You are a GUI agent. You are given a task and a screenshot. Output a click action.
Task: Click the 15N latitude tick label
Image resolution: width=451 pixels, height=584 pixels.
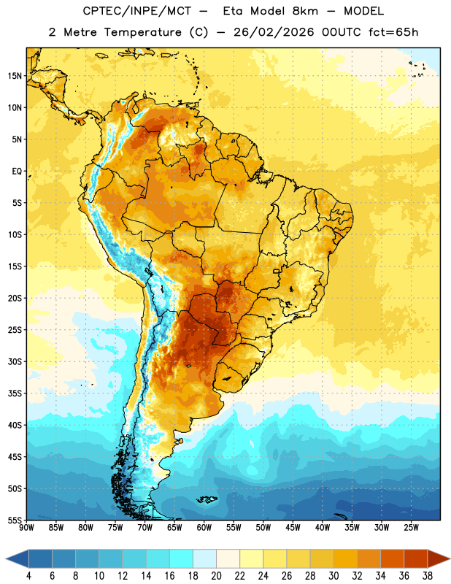click(x=15, y=76)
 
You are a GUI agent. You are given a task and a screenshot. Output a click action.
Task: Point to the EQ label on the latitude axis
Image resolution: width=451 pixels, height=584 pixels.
click(x=17, y=172)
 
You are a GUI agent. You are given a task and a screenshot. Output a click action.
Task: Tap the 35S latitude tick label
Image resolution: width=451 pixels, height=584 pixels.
click(x=15, y=393)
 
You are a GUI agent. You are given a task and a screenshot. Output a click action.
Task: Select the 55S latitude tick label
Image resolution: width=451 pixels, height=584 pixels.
click(x=15, y=520)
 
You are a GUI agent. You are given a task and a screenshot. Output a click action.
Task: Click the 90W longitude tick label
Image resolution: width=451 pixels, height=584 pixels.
click(x=26, y=528)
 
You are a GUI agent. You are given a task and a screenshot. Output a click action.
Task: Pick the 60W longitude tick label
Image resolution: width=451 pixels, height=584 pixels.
click(x=204, y=528)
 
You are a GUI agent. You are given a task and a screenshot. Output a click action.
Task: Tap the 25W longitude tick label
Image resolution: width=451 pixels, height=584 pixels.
click(x=411, y=528)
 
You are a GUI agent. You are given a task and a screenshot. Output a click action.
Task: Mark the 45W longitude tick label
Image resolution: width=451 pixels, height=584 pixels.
click(x=293, y=528)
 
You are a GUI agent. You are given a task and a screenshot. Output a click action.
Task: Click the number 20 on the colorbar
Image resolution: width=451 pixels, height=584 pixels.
click(x=216, y=576)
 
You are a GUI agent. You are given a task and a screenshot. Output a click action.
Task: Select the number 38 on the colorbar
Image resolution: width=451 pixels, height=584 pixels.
click(x=428, y=576)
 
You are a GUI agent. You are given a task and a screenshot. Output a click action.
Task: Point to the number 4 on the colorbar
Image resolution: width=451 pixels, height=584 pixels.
click(x=28, y=576)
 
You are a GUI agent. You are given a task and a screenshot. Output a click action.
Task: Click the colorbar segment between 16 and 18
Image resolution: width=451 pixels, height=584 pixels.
click(x=182, y=558)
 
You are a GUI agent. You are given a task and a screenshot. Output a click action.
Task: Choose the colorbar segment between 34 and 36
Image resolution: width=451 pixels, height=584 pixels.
click(x=392, y=558)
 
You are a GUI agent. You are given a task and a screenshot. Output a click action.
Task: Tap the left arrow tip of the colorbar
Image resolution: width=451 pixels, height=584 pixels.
click(x=6, y=558)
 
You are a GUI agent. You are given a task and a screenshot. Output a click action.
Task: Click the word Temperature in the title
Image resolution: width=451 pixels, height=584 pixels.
click(x=142, y=32)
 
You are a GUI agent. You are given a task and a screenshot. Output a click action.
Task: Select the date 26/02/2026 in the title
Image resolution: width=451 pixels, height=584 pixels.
click(x=274, y=32)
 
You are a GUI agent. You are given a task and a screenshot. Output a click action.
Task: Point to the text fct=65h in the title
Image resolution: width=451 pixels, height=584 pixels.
click(x=393, y=32)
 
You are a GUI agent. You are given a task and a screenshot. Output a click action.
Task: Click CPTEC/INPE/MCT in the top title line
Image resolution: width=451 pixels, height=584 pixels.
click(x=137, y=11)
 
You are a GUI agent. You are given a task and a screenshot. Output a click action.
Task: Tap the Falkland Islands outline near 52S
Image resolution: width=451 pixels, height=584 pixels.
click(x=207, y=499)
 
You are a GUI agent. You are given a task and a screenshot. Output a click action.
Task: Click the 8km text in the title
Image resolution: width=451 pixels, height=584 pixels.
click(x=305, y=11)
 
